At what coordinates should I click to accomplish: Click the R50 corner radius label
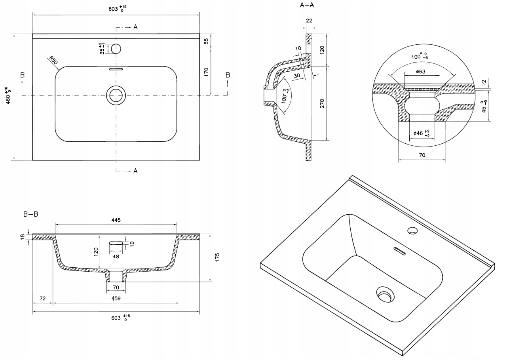[x=54, y=61]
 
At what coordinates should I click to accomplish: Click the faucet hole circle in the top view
[x=116, y=49]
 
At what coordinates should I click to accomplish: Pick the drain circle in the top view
[x=116, y=95]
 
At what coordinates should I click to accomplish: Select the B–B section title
[x=30, y=214]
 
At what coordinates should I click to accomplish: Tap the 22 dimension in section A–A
[x=310, y=21]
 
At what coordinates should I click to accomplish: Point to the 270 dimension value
[x=322, y=104]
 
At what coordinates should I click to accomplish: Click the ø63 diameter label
[x=421, y=72]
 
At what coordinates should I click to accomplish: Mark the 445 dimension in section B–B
[x=116, y=220]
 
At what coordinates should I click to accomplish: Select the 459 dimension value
[x=116, y=298]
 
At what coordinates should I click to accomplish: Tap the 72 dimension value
[x=42, y=298]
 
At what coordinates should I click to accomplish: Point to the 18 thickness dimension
[x=23, y=236]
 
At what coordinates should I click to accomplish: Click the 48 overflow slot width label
[x=116, y=256]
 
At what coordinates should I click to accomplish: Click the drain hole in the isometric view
[x=384, y=294]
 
